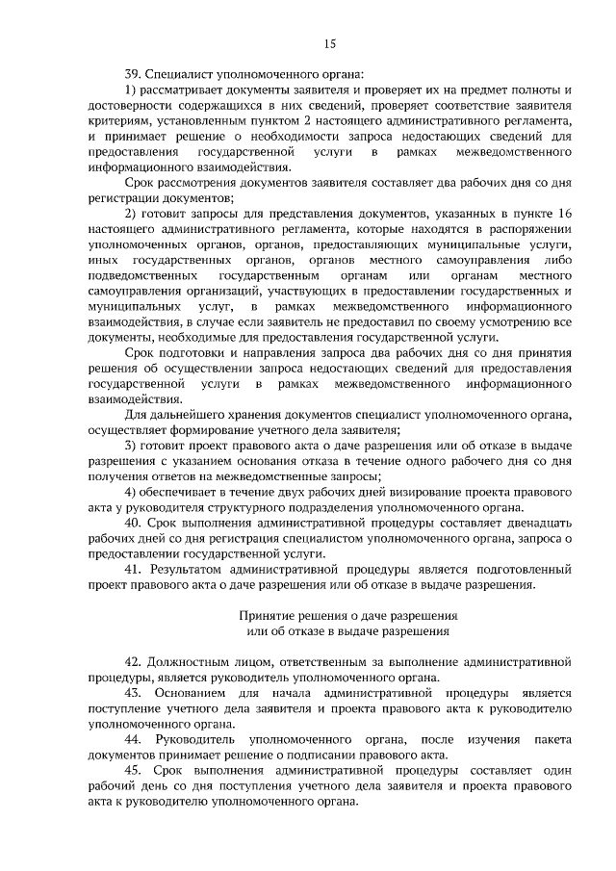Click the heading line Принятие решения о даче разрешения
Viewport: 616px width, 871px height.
click(346, 615)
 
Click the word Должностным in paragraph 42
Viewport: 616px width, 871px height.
click(193, 662)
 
